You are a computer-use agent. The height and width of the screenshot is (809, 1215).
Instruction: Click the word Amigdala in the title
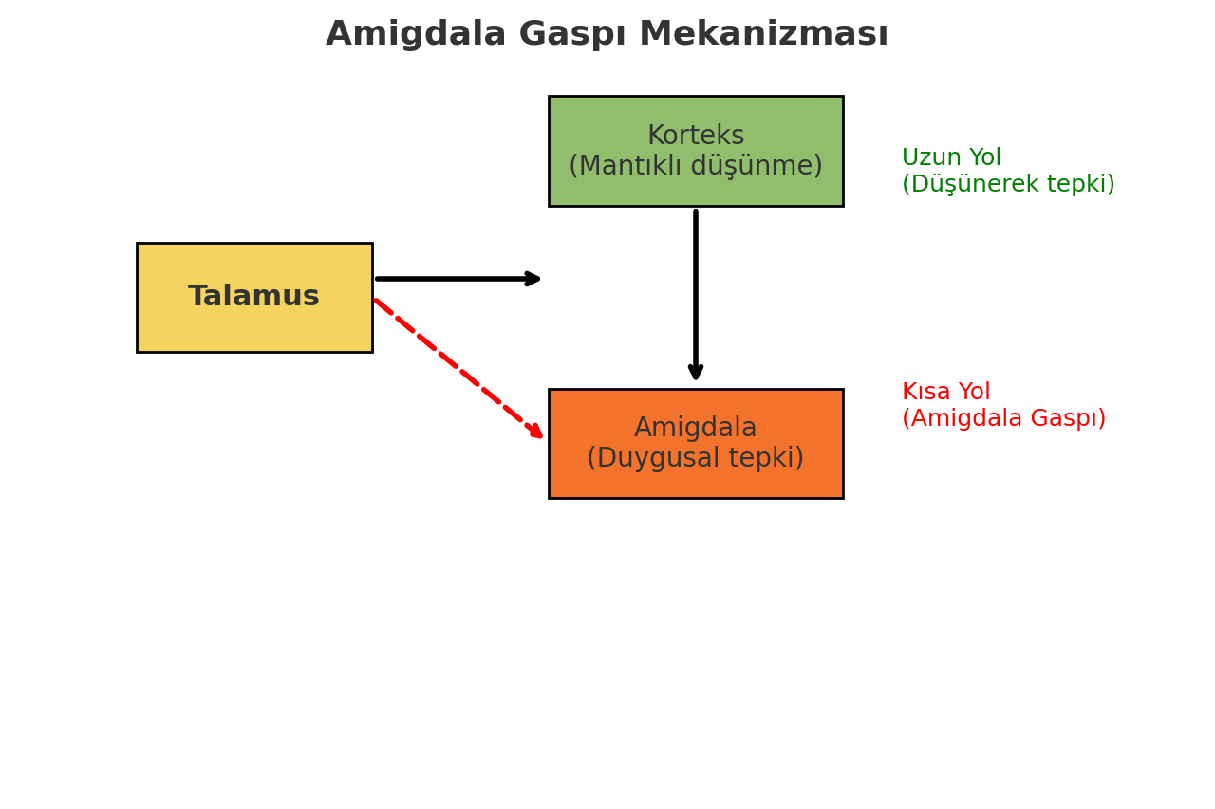click(416, 35)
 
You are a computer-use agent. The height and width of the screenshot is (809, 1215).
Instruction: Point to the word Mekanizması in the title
click(763, 35)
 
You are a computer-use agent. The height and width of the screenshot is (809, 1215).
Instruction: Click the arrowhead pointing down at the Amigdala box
click(696, 372)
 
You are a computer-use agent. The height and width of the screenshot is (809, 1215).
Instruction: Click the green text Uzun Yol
click(951, 158)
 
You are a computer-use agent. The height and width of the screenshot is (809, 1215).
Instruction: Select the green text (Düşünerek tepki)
click(1008, 185)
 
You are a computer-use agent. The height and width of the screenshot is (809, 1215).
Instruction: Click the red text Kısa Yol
click(945, 393)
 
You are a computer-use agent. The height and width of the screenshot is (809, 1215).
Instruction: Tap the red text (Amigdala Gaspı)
click(1003, 419)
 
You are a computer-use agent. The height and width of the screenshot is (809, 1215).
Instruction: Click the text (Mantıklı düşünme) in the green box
click(696, 167)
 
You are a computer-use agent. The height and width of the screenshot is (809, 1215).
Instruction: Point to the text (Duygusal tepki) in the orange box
click(696, 459)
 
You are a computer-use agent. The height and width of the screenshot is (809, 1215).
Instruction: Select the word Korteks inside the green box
click(696, 137)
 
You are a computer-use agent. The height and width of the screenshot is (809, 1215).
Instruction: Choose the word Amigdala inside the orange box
click(696, 429)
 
